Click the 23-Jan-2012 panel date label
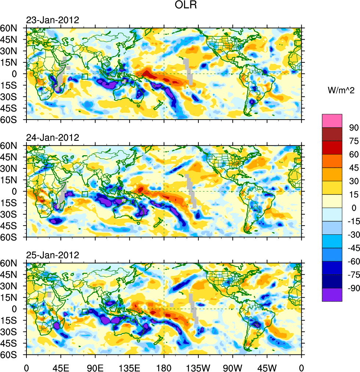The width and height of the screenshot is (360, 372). (52, 20)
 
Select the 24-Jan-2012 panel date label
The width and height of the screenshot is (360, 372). (52, 138)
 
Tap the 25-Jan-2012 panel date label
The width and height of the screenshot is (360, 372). (52, 255)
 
